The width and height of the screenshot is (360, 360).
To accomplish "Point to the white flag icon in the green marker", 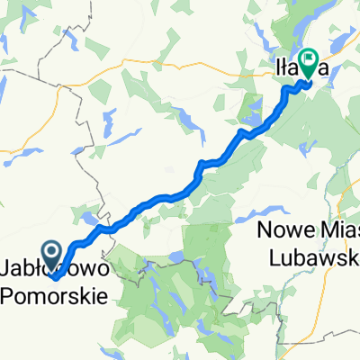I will pyautogui.click(x=309, y=60).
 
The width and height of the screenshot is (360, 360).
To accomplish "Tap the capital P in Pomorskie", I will pyautogui.click(x=10, y=293).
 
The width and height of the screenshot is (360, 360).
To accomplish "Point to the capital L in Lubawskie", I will pyautogui.click(x=276, y=256).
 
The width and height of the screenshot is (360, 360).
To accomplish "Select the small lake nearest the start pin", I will pyautogui.click(x=91, y=217).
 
